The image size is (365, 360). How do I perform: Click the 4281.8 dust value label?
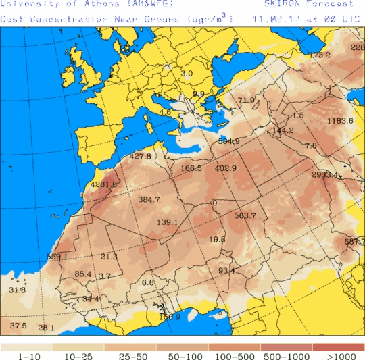[103, 184]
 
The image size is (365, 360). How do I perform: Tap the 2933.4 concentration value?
[325, 175]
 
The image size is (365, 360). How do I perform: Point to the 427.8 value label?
[140, 157]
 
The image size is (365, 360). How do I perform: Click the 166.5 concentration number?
[191, 168]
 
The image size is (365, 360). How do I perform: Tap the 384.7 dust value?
[149, 200]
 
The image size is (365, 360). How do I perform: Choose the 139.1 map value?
[167, 222]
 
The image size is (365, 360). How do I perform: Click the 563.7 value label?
[245, 216]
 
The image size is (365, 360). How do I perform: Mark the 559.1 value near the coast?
[57, 257]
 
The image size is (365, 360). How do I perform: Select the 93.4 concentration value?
[227, 272]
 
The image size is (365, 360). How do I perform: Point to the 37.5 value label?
[18, 326]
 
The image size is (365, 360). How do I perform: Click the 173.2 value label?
[320, 55]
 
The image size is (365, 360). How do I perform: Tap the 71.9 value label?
[247, 101]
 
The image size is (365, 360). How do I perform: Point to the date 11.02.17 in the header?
[271, 20]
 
